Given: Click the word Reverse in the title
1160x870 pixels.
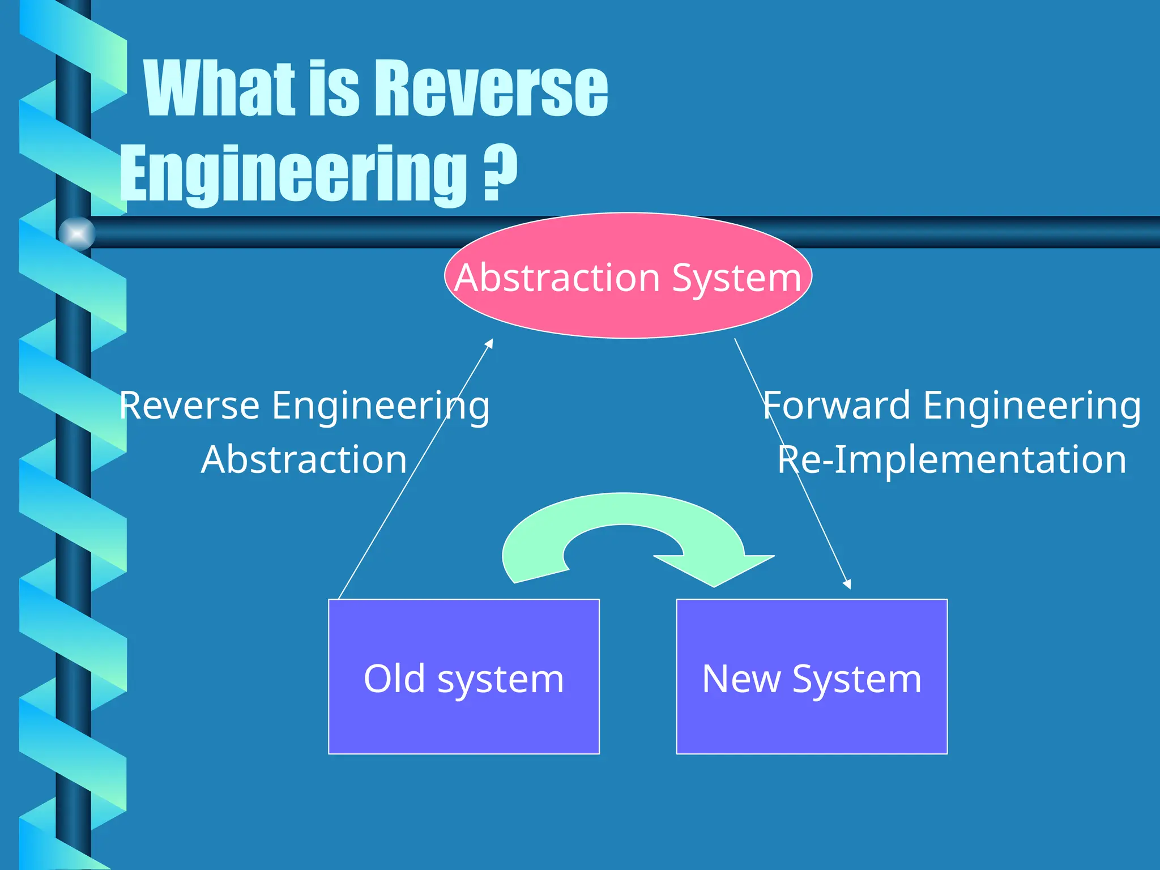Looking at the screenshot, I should pyautogui.click(x=491, y=89).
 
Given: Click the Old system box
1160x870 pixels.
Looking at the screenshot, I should pyautogui.click(x=463, y=725).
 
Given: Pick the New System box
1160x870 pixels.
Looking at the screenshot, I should pyautogui.click(x=812, y=725).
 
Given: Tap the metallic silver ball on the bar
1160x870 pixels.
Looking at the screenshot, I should pyautogui.click(x=77, y=233).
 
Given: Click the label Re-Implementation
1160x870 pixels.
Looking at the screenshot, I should pyautogui.click(x=952, y=460).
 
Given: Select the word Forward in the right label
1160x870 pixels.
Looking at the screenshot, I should pyautogui.click(x=837, y=406).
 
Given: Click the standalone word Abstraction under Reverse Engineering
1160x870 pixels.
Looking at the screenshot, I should pyautogui.click(x=304, y=460).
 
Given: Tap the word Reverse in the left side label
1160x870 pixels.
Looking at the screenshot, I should pyautogui.click(x=190, y=406).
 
